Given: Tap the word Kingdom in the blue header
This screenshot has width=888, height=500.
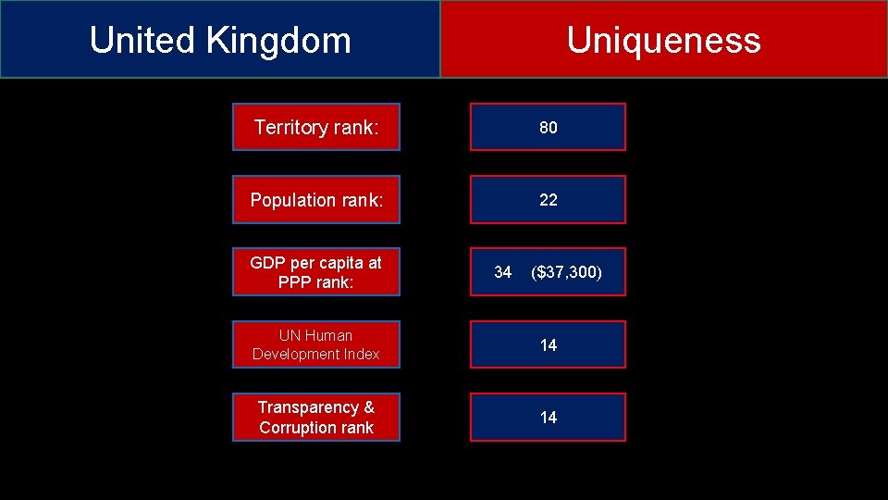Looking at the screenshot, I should tap(278, 40).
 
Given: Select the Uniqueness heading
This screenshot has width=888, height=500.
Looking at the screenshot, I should tap(663, 40).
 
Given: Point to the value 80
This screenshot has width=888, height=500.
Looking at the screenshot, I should tap(549, 128).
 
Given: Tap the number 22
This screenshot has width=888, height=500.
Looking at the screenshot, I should tap(549, 200).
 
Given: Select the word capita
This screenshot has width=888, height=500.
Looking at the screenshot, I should tap(340, 263).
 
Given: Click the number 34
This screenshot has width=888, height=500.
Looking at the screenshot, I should tap(502, 272).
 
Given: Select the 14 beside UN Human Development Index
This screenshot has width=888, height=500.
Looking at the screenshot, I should tap(549, 345).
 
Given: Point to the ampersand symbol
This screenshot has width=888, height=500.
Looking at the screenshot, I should tap(368, 407).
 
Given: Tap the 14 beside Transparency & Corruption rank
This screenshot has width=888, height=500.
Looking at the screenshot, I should tap(549, 418).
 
